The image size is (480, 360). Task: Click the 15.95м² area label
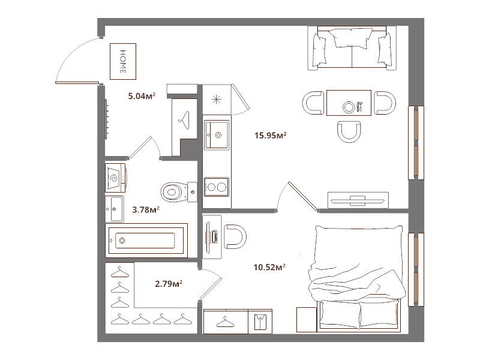[271, 135]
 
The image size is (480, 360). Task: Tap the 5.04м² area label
[142, 96]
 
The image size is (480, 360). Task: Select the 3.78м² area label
[146, 209]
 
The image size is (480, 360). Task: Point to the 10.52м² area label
[269, 267]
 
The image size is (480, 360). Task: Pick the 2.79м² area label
[169, 284]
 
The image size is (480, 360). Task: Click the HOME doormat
[123, 62]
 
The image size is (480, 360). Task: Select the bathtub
[146, 241]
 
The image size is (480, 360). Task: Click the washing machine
[116, 178]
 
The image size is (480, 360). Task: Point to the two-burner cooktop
[217, 187]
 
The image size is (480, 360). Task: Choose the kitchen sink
[217, 134]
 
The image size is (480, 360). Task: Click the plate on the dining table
[349, 107]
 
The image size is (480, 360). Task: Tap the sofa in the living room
[352, 48]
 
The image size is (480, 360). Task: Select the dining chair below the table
[349, 131]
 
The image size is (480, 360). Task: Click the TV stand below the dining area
[358, 200]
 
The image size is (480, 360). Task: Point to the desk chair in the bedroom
[235, 236]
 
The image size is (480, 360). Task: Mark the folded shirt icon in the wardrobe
[260, 322]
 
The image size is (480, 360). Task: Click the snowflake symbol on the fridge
[217, 100]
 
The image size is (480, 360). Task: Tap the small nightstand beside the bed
[307, 320]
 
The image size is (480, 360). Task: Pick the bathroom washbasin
[115, 209]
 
